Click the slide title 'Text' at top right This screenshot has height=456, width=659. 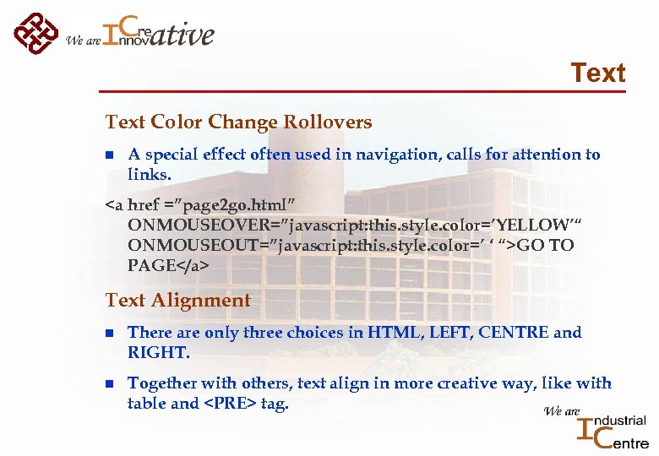click(x=597, y=73)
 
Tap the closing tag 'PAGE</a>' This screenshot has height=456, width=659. click(x=168, y=265)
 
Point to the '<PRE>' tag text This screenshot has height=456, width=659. click(x=226, y=404)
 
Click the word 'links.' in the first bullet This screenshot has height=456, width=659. click(x=149, y=175)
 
